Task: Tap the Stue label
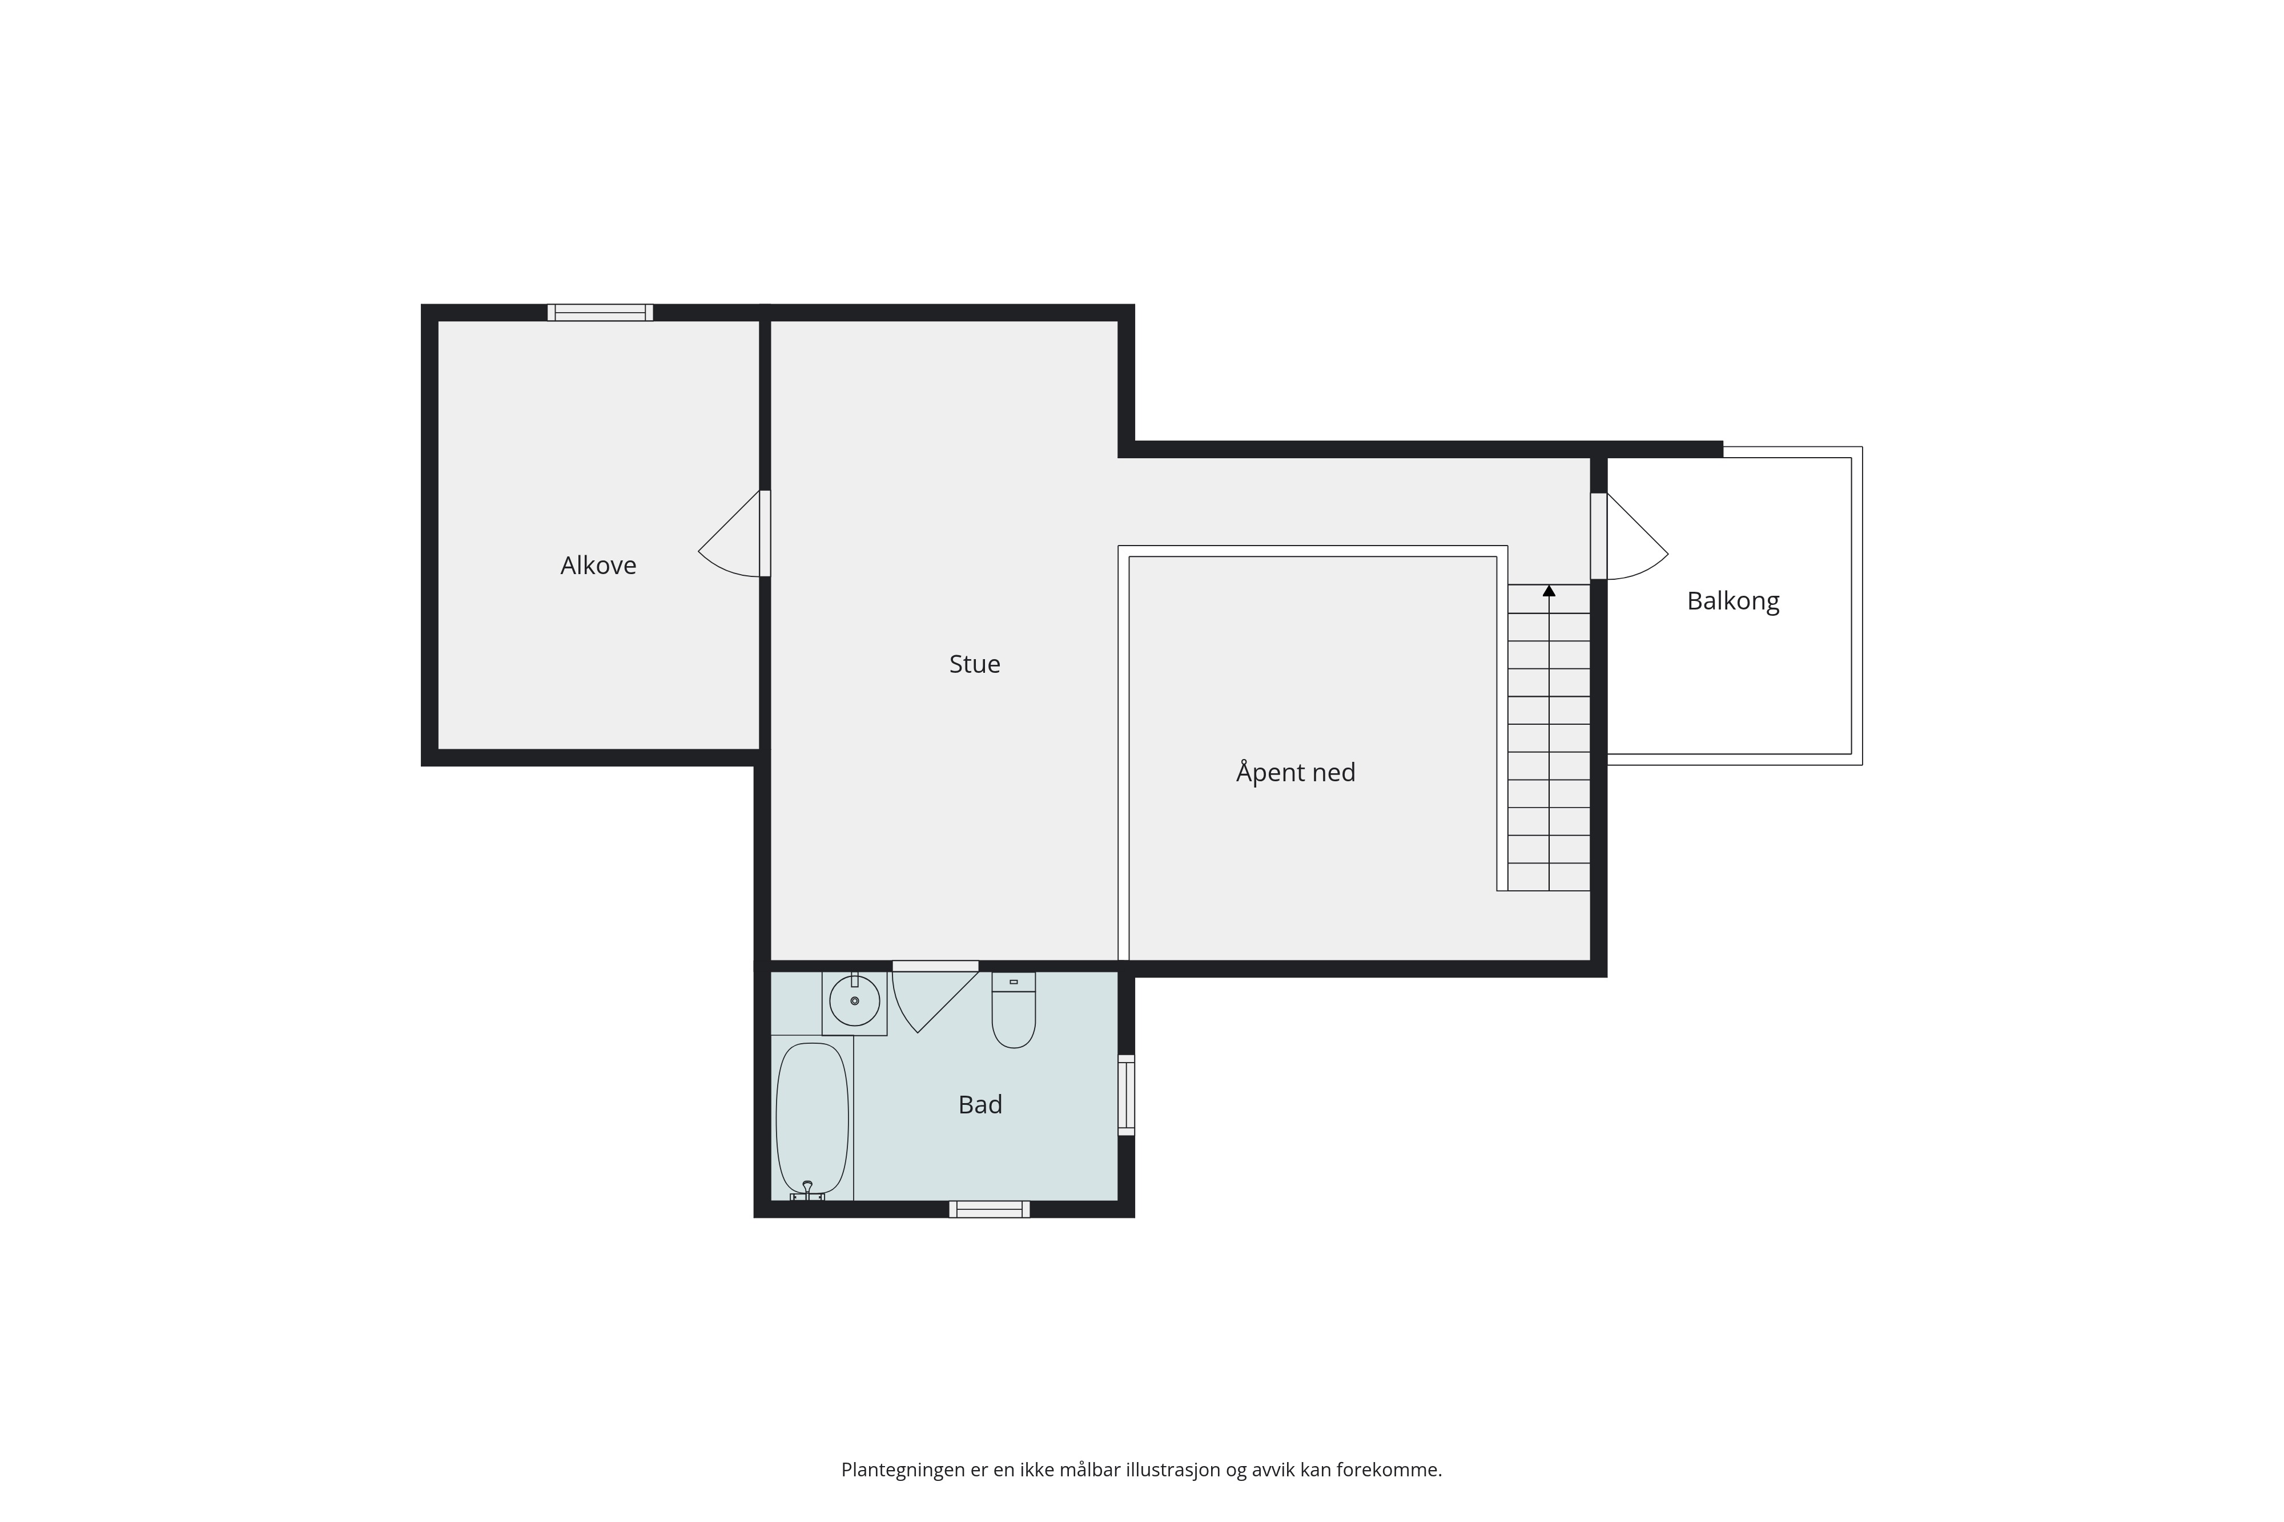(974, 664)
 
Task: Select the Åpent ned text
(1296, 772)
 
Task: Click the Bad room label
(980, 1105)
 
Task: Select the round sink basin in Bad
(855, 1001)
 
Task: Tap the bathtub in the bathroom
(812, 1118)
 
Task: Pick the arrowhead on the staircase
(1549, 590)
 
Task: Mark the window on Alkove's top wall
(600, 313)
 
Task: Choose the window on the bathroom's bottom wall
(990, 1209)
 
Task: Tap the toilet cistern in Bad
(1014, 982)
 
